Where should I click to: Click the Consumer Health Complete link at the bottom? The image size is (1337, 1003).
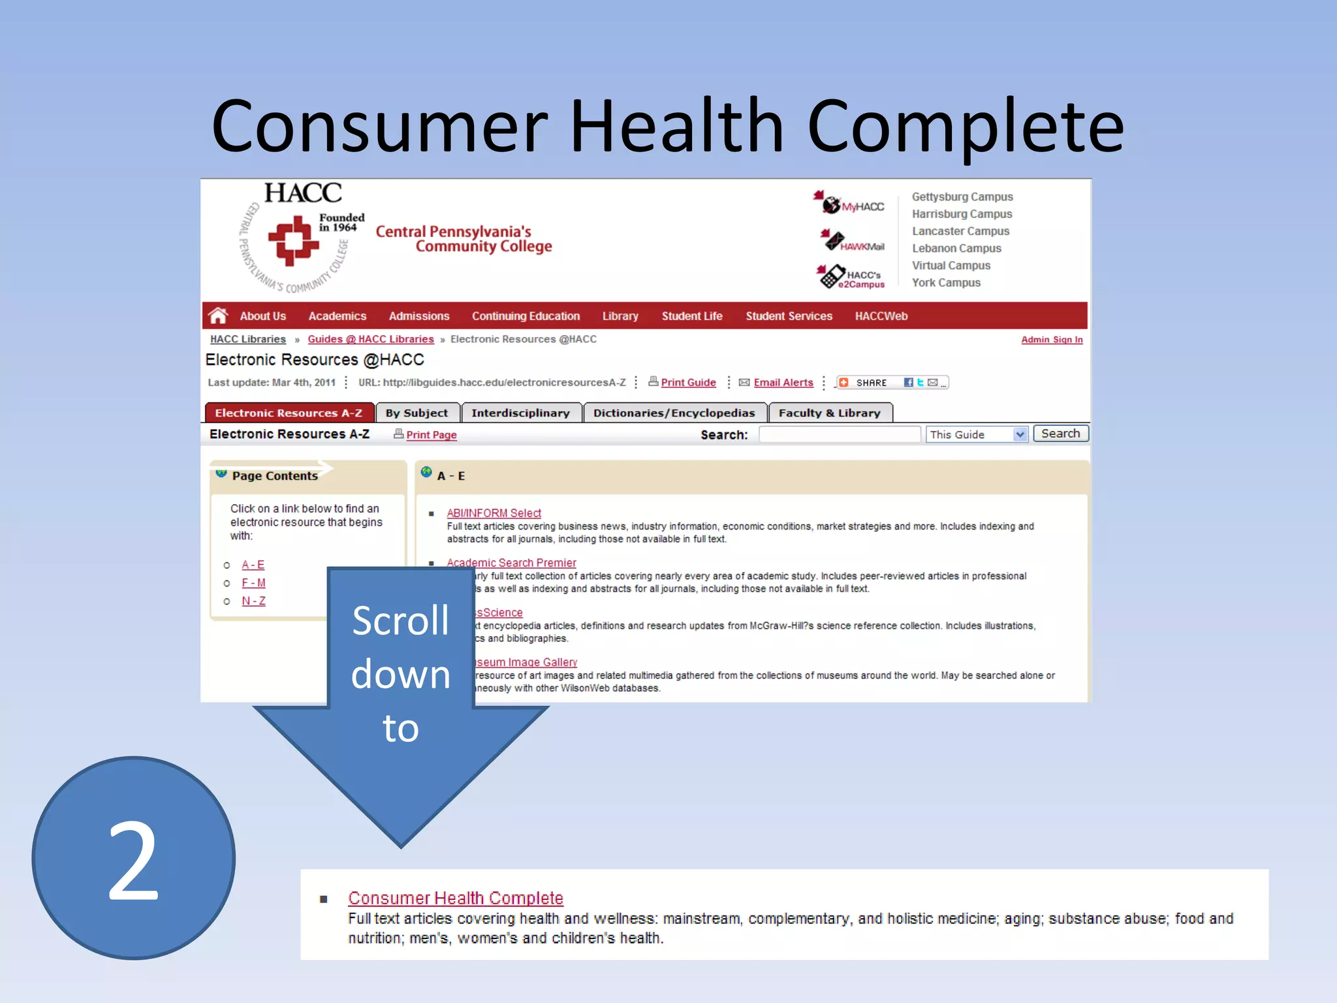point(455,898)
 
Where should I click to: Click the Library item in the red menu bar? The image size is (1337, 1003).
point(620,316)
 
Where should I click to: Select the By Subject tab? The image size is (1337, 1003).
point(417,413)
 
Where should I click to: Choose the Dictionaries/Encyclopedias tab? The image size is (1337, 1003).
point(674,413)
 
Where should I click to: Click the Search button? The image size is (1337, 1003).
point(1060,434)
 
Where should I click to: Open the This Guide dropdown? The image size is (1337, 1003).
point(1020,434)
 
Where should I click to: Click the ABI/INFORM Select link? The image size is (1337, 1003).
point(494,513)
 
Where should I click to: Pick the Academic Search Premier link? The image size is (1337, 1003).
point(511,563)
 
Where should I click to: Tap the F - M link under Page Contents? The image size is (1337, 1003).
point(253,582)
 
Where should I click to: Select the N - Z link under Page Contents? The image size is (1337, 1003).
point(253,601)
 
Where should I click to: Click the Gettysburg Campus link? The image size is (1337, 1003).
point(962,197)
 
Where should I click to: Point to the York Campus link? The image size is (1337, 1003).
point(946,283)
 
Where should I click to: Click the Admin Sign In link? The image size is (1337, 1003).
point(1052,340)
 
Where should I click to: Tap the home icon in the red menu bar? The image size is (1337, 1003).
point(218,316)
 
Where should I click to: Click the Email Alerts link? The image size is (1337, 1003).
point(783,383)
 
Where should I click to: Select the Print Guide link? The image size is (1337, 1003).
point(688,383)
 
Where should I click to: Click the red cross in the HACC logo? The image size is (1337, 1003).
point(294,240)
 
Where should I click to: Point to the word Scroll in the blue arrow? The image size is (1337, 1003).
point(400,620)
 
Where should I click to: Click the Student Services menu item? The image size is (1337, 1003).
point(789,316)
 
